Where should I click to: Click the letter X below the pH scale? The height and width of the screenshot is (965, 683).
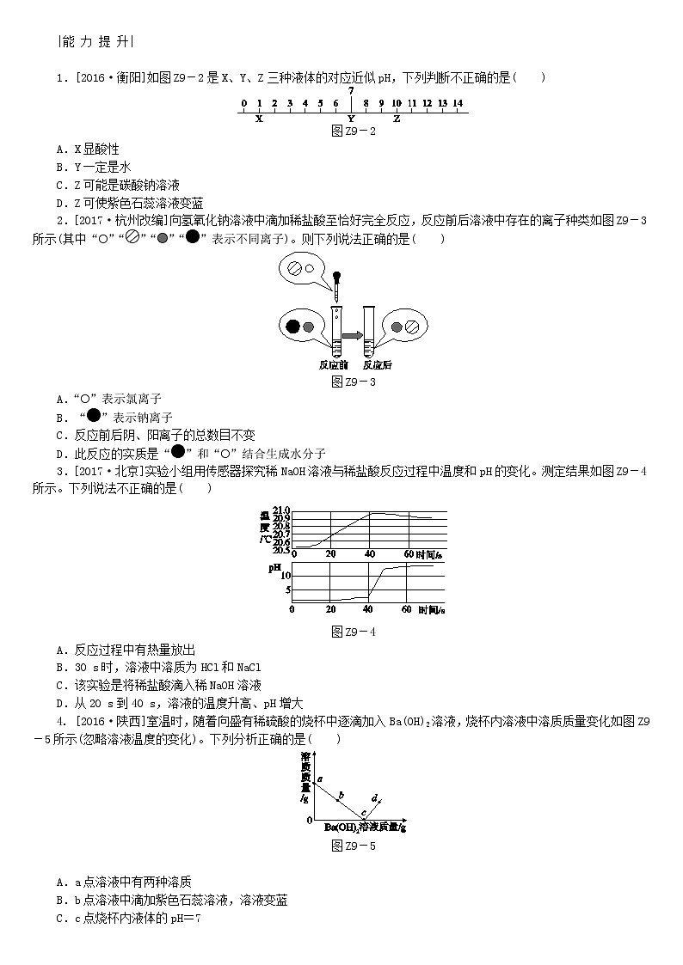tap(258, 119)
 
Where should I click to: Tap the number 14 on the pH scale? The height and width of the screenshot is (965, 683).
tap(458, 103)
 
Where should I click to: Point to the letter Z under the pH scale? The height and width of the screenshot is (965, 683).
tap(397, 119)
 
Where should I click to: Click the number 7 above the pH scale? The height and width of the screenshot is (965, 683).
tap(351, 90)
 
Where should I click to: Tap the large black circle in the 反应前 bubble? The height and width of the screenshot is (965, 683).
tap(292, 327)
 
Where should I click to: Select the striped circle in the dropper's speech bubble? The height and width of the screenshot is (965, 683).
tap(294, 268)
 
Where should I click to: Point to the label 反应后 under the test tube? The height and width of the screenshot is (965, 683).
tap(377, 364)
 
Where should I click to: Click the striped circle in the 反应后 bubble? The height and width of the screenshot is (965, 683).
tap(411, 327)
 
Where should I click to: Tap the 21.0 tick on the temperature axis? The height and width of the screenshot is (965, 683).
tap(282, 511)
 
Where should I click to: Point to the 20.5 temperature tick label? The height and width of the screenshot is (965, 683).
tap(282, 547)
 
